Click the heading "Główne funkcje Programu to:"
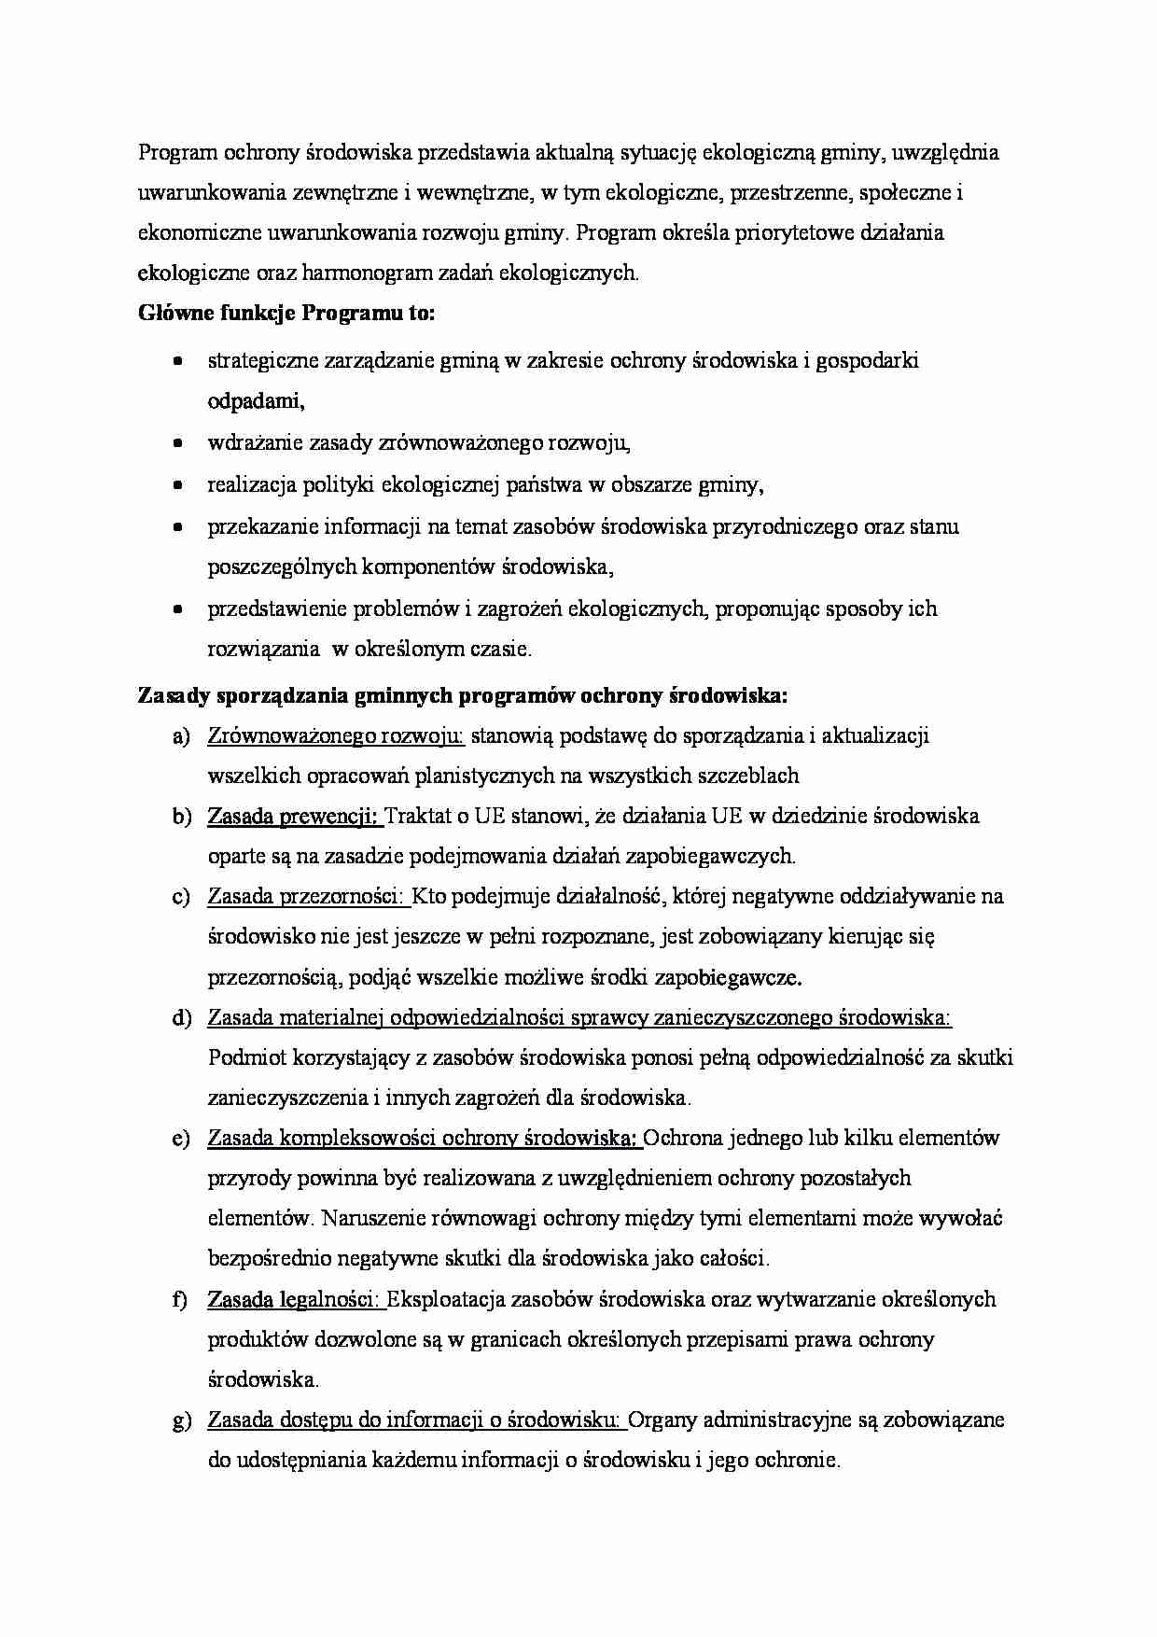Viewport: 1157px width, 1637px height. pyautogui.click(x=286, y=314)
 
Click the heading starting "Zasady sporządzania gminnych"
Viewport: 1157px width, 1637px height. pyautogui.click(x=462, y=695)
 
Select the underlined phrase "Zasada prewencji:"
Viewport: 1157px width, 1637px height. pyautogui.click(x=294, y=817)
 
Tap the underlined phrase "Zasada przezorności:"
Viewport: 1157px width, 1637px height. pyautogui.click(x=308, y=897)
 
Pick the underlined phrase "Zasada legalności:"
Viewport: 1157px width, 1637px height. pyautogui.click(x=294, y=1299)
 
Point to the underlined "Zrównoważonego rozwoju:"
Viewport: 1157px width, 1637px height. pyautogui.click(x=336, y=735)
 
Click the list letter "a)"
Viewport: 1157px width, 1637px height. pyautogui.click(x=181, y=736)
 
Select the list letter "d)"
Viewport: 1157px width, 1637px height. pyautogui.click(x=181, y=1018)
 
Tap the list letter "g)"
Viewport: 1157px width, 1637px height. pyautogui.click(x=181, y=1420)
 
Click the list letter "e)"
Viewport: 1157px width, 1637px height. pyautogui.click(x=181, y=1139)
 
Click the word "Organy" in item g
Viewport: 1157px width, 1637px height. pyautogui.click(x=662, y=1420)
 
